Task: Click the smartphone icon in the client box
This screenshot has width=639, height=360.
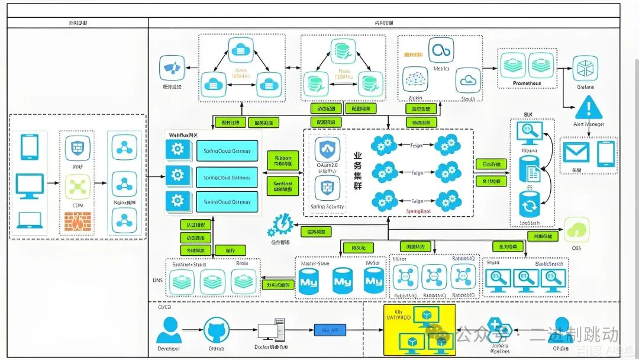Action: [x=30, y=147]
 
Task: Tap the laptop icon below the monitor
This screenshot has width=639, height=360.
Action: [x=30, y=220]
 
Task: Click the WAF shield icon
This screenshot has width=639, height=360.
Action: [x=78, y=146]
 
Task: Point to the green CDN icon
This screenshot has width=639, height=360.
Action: [x=78, y=187]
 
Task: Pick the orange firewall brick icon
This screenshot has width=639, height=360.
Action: [x=78, y=222]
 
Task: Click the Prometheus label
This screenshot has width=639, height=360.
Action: [x=527, y=83]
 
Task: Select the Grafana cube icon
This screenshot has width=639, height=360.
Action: [x=585, y=69]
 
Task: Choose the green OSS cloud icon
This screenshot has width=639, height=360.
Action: [x=576, y=229]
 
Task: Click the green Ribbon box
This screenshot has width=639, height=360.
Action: [x=283, y=160]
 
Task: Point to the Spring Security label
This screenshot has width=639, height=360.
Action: [x=327, y=207]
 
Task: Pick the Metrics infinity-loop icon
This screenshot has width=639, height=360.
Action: [x=441, y=52]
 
